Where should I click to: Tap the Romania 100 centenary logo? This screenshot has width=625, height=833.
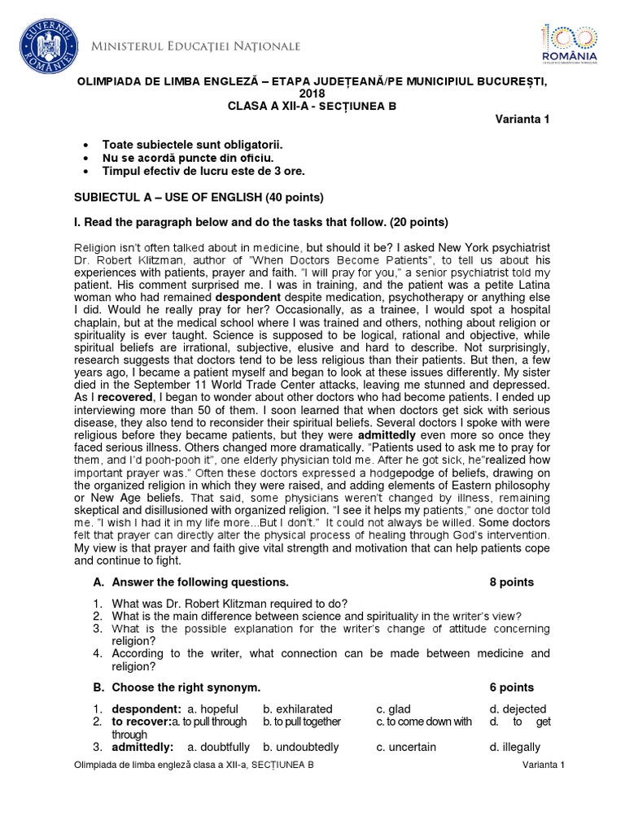click(569, 42)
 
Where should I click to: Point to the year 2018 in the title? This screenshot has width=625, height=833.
click(312, 94)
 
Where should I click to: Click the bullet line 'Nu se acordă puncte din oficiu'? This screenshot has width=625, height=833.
click(187, 157)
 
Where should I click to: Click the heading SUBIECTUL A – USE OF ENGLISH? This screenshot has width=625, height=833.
click(199, 197)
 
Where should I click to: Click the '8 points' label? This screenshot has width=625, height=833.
click(512, 582)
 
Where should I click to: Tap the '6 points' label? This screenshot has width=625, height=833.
click(512, 687)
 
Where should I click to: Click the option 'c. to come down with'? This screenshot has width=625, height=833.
click(423, 722)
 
